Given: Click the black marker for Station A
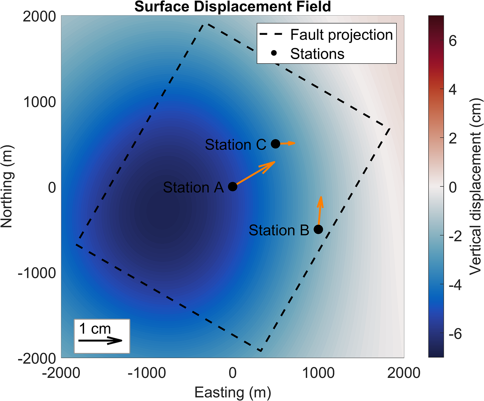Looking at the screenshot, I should [232, 186].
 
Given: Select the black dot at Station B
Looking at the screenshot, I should [318, 229].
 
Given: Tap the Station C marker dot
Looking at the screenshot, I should [276, 144].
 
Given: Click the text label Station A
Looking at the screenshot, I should [193, 188].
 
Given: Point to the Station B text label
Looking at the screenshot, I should [279, 231].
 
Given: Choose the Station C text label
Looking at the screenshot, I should [235, 145].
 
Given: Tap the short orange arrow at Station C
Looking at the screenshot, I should [287, 143].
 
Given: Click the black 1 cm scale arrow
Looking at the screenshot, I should [100, 341].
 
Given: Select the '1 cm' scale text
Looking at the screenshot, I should [95, 329].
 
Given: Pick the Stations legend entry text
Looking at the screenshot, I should [317, 54].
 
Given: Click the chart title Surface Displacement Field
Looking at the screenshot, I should [232, 7].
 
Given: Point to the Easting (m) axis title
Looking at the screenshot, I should [233, 392].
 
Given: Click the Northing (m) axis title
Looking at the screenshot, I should [7, 186].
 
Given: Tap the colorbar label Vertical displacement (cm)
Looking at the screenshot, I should [475, 186].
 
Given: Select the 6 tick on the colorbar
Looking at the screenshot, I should [453, 41].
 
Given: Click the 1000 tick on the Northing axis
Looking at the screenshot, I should [40, 102].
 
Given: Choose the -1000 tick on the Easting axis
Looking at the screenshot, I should [147, 373].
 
